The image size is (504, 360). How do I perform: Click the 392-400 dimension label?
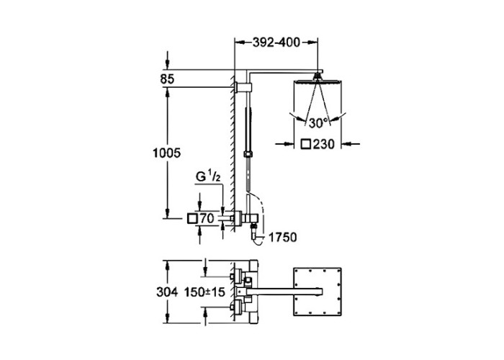coord(276,42)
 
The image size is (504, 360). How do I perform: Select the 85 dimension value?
coord(167,79)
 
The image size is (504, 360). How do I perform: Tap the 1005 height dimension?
coord(166,153)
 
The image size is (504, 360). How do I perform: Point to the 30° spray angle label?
coord(318,123)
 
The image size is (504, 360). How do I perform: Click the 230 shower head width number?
coord(324,144)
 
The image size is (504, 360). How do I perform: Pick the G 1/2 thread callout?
coord(208,177)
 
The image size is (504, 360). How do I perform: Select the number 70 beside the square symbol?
coord(207,219)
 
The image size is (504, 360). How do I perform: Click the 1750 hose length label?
coord(282,238)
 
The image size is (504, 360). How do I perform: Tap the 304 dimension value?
coord(167,292)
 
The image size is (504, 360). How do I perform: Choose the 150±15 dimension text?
coord(204,292)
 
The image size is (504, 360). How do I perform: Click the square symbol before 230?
coord(306,144)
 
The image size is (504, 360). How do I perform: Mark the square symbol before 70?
coord(192,219)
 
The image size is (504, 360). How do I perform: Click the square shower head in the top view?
coord(318,292)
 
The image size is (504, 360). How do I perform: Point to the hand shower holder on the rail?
coord(248,153)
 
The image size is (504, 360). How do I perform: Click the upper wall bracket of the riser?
coord(243,87)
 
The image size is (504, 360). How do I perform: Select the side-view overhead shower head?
coord(318,81)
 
